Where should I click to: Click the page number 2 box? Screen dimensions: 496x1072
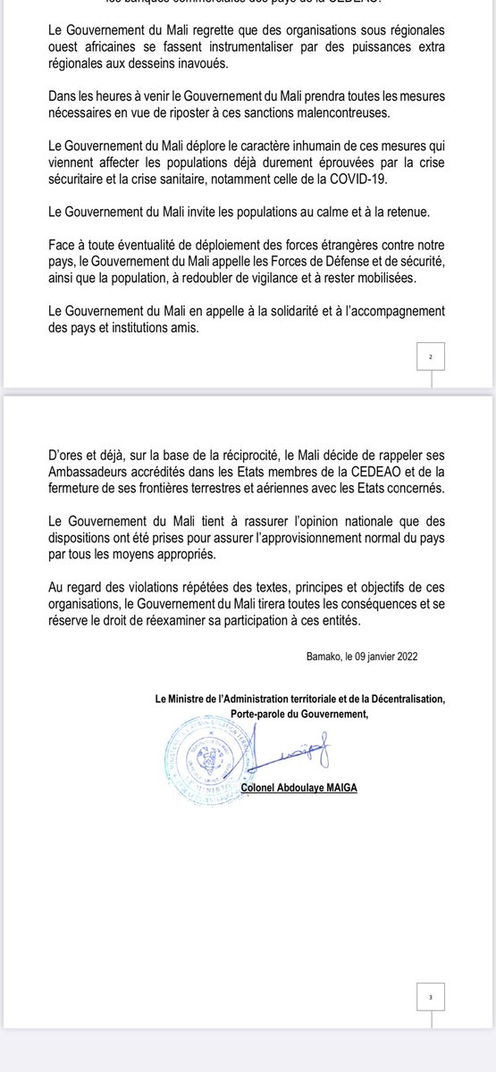point(431,357)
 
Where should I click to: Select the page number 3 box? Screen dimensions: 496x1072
point(431,996)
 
